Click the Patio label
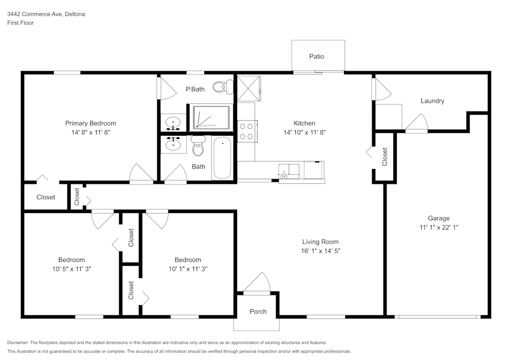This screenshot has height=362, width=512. (x=316, y=56)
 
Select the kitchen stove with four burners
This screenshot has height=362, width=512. (x=247, y=130)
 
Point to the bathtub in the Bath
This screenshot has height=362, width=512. (x=222, y=158)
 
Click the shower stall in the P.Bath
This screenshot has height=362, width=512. (x=211, y=117)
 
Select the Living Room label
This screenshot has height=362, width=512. (x=320, y=242)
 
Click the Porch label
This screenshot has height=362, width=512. (x=258, y=311)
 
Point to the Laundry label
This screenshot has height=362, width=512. (x=432, y=101)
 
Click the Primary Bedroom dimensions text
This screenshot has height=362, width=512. (x=90, y=132)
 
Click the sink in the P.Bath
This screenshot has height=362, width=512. (x=174, y=123)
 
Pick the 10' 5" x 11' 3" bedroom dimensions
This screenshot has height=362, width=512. (x=71, y=268)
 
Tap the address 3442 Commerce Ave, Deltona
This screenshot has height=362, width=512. (x=46, y=14)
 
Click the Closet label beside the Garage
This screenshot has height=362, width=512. (x=385, y=157)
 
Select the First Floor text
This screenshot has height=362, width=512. (x=20, y=23)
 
